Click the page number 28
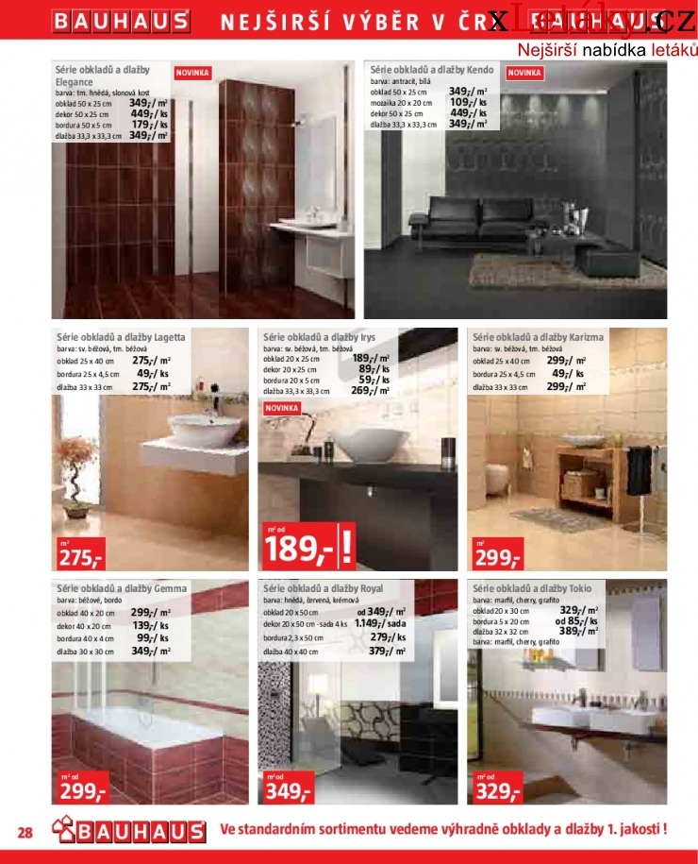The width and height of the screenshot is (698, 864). pos(25,832)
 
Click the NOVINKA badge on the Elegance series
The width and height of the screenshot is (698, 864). pos(192,72)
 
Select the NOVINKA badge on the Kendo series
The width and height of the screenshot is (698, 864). pos(523,72)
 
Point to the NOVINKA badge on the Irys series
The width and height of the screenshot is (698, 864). pos(282,408)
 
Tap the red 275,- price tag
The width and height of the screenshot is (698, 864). pos(80,556)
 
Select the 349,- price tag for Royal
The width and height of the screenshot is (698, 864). pos(288,790)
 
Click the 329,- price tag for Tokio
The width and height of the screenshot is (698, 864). pos(497,790)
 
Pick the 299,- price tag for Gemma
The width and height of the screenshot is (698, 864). pos(80,790)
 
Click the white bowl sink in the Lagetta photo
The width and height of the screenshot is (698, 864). pos(196,432)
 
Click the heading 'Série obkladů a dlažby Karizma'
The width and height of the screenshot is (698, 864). pos(538,336)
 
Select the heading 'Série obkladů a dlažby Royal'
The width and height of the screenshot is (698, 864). pos(324,588)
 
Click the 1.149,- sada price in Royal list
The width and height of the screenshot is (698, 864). pos(381,624)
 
